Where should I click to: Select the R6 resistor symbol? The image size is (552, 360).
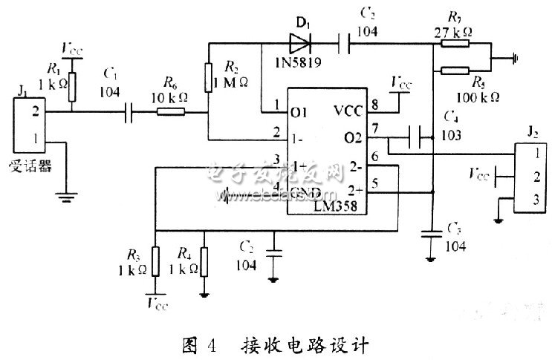tap(171, 113)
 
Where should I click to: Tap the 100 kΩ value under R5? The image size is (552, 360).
tap(477, 96)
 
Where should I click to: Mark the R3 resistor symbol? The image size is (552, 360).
tap(154, 260)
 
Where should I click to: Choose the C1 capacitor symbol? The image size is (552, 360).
tap(129, 113)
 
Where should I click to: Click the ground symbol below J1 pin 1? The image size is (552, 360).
tap(65, 197)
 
